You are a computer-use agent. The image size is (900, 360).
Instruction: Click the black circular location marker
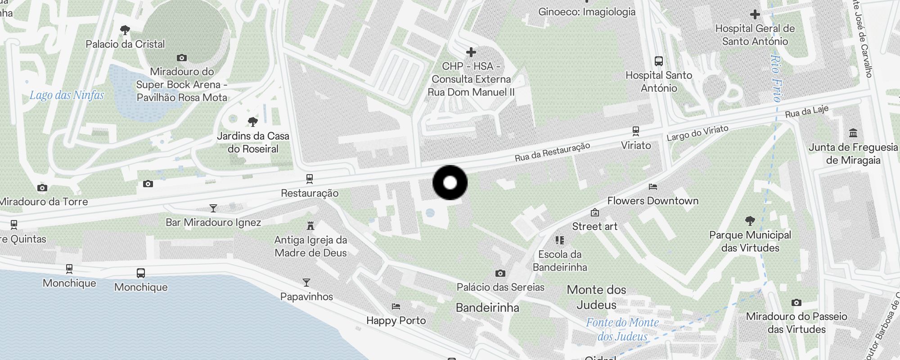450,183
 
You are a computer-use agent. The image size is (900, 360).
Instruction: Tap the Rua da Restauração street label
552,152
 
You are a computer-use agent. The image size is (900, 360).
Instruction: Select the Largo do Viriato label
697,133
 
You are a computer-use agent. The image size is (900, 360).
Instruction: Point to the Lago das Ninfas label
67,95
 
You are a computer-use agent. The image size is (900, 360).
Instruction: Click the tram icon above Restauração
310,179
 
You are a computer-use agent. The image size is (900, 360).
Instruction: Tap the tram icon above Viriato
635,131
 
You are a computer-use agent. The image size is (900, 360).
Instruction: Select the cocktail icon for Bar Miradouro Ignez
213,208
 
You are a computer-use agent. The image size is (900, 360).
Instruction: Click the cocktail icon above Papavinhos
306,283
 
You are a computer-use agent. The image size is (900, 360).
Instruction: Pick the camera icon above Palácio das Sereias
500,273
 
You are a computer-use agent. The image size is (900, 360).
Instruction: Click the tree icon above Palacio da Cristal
125,30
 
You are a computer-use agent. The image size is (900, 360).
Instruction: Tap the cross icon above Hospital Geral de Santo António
755,14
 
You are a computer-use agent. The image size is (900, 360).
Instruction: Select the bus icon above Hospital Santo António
658,61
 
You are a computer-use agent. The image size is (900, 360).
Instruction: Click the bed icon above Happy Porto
396,306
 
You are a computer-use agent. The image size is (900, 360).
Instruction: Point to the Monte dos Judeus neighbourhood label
596,297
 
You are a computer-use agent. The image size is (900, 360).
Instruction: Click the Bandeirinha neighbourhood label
487,308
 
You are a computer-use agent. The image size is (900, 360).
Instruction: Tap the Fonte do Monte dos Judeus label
622,329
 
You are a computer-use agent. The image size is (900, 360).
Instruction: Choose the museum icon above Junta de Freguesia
853,133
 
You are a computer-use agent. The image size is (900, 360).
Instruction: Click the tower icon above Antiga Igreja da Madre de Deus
310,225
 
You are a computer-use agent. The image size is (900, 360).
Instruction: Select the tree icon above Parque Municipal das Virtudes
750,220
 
